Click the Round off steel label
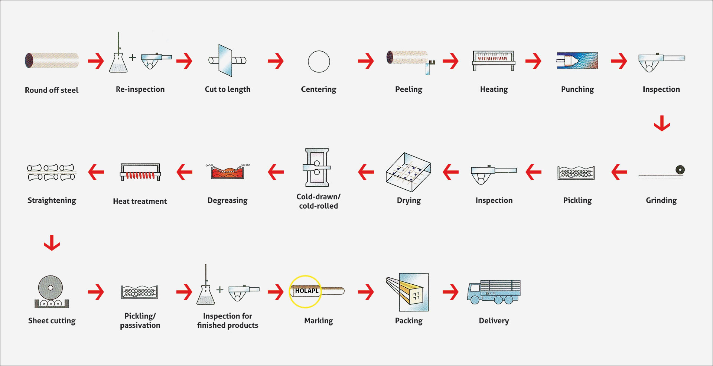pyautogui.click(x=52, y=90)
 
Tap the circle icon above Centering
pyautogui.click(x=319, y=61)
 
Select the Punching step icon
pyautogui.click(x=577, y=61)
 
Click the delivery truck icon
pyautogui.click(x=494, y=292)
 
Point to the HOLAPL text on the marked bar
pyautogui.click(x=307, y=291)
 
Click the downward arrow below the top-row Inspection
pyautogui.click(x=662, y=123)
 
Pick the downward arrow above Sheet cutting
pyautogui.click(x=52, y=243)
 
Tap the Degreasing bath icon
pyautogui.click(x=228, y=171)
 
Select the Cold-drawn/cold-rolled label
pyautogui.click(x=318, y=201)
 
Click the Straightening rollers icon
pyautogui.click(x=51, y=172)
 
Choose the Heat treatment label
pyautogui.click(x=140, y=201)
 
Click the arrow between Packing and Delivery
pyautogui.click(x=450, y=292)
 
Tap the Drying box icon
pyautogui.click(x=408, y=172)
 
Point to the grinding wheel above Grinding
pyautogui.click(x=680, y=170)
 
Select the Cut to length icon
pyautogui.click(x=227, y=61)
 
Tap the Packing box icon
pyautogui.click(x=407, y=292)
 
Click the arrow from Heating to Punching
pyautogui.click(x=533, y=61)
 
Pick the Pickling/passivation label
pyautogui.click(x=140, y=321)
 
